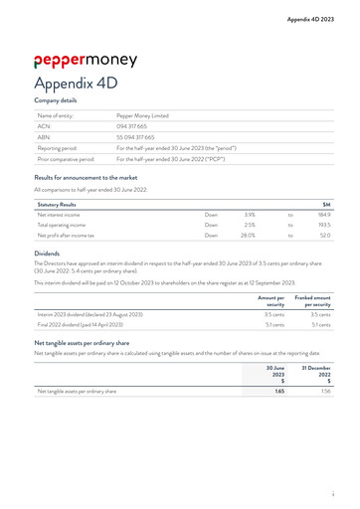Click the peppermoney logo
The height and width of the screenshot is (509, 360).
[x=85, y=59]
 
